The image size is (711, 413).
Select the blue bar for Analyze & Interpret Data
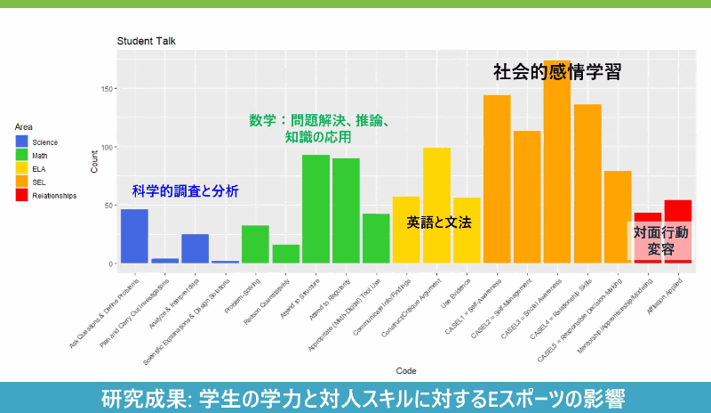point(195,248)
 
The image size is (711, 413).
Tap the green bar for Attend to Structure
point(316,209)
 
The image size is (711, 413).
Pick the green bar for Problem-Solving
point(255,244)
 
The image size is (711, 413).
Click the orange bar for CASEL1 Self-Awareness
point(497,178)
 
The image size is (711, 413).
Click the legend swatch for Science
point(21,142)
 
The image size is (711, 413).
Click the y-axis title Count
point(95,161)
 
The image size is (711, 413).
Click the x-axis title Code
point(406,370)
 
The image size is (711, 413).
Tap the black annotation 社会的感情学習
point(556,72)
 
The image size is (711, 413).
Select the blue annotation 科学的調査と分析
point(185,190)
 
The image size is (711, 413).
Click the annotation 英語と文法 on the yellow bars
point(438,223)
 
